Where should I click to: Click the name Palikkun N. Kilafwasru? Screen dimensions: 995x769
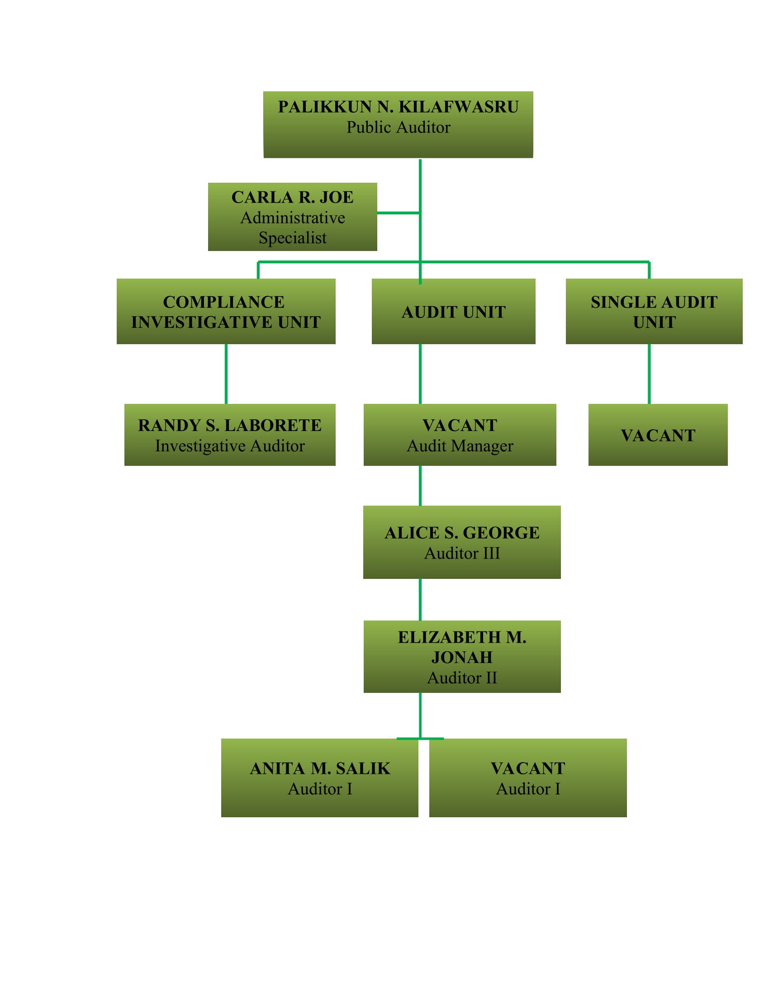click(398, 107)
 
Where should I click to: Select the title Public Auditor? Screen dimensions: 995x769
click(398, 128)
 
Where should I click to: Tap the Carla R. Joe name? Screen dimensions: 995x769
click(293, 197)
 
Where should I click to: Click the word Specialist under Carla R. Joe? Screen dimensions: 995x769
click(293, 238)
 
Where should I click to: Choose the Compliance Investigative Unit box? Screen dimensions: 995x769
click(226, 312)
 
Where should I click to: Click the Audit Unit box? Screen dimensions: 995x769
click(453, 312)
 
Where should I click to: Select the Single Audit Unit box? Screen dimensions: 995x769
click(654, 312)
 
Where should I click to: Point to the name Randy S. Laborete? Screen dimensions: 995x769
click(230, 426)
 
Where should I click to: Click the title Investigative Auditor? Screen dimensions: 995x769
click(230, 446)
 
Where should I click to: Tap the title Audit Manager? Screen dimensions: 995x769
click(460, 446)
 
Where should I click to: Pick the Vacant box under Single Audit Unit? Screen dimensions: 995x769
click(658, 435)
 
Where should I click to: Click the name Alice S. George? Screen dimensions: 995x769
click(462, 533)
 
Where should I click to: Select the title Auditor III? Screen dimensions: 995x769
click(462, 554)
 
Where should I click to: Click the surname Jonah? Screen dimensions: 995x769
click(462, 658)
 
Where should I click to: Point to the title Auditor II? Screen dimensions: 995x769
click(462, 678)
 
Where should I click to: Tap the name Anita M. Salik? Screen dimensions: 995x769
click(320, 768)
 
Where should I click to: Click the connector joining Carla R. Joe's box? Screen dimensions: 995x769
click(398, 213)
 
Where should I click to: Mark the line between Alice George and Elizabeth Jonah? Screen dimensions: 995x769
click(420, 600)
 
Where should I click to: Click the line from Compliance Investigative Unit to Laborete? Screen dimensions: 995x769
click(226, 374)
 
